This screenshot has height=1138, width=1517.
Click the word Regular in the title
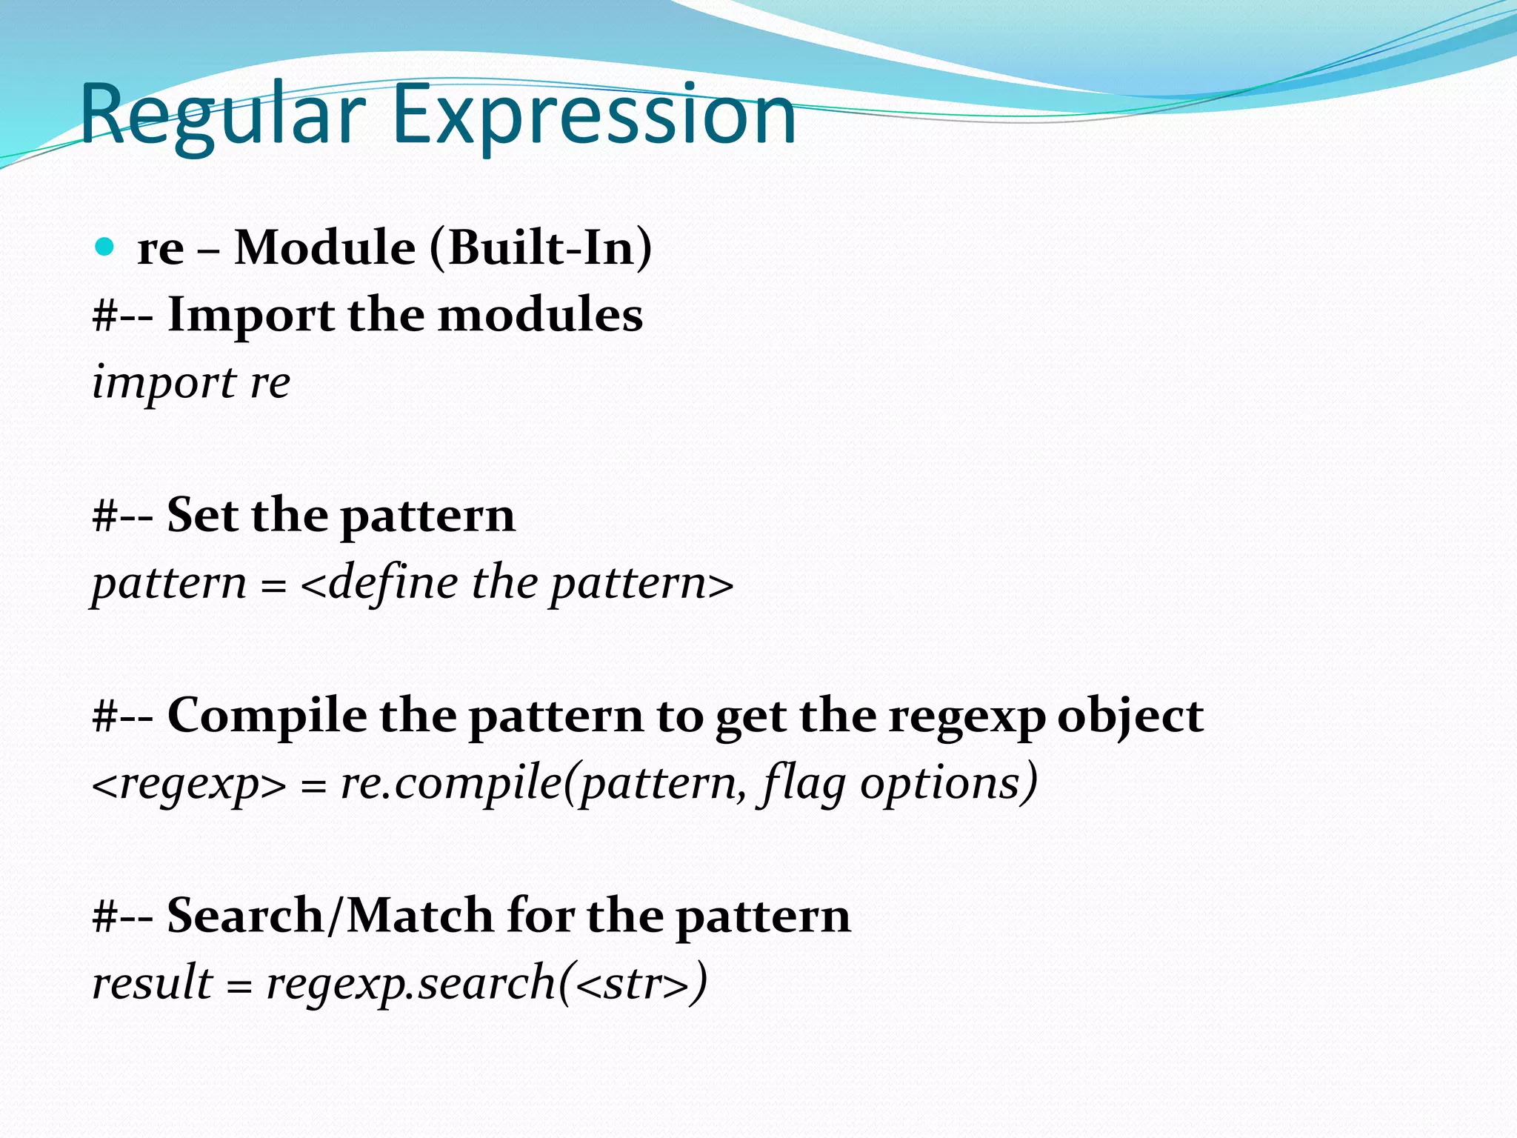point(222,115)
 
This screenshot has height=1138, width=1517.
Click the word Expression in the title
point(593,115)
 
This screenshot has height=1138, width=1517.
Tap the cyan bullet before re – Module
point(105,247)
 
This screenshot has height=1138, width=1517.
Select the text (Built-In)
point(541,247)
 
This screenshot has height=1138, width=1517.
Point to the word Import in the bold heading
point(250,316)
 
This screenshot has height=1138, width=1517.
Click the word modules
point(540,316)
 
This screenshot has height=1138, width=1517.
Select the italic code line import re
point(191,383)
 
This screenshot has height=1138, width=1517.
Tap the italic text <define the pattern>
point(517,583)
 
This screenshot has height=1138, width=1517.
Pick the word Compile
point(267,716)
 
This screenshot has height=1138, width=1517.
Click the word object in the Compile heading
point(1130,716)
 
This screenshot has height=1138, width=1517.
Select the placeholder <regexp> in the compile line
point(189,784)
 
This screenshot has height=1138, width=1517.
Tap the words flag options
point(896,784)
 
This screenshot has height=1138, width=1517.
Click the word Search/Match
point(329,916)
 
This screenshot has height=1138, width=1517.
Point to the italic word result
point(152,984)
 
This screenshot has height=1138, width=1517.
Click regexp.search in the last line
point(411,984)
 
